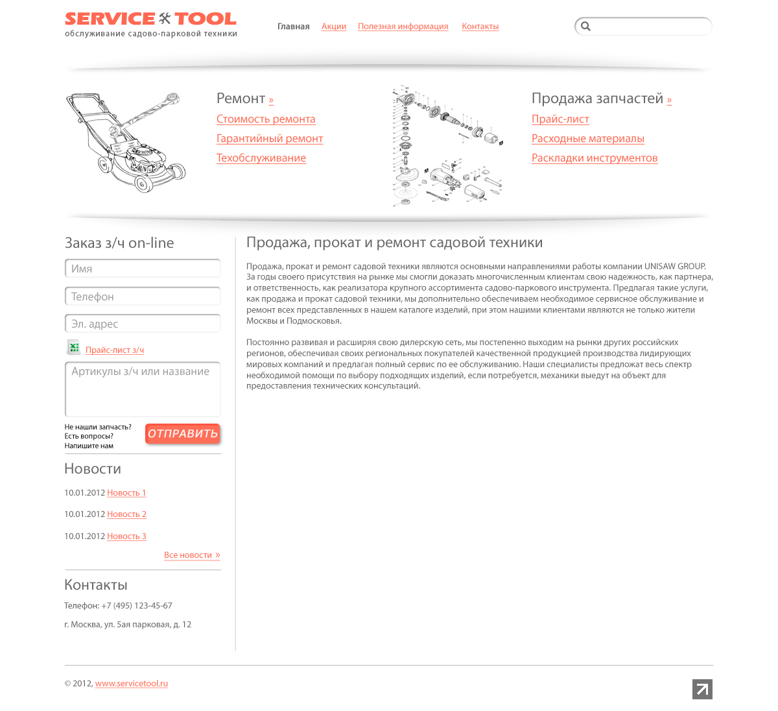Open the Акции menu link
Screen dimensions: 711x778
[x=334, y=27]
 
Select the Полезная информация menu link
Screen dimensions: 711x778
[x=403, y=27]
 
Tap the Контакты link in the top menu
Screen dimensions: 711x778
[x=480, y=27]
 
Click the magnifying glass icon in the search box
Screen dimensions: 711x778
[x=585, y=27]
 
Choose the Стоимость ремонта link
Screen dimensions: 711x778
[x=266, y=119]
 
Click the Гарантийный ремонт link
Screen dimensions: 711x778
[x=269, y=139]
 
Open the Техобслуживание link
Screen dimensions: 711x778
[x=261, y=158]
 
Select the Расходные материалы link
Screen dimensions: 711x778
[x=587, y=139]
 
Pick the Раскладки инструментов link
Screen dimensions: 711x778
[x=594, y=158]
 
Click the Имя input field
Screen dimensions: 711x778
[x=143, y=269]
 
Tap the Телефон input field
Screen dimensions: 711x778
[x=143, y=296]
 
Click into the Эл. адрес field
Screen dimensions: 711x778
[x=143, y=324]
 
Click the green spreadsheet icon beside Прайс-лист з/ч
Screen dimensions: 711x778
[x=74, y=348]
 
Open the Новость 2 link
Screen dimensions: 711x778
[x=126, y=514]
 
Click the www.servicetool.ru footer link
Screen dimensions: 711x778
[x=132, y=684]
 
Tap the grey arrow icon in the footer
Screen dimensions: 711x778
[x=702, y=689]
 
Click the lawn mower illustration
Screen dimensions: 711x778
[x=125, y=141]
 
